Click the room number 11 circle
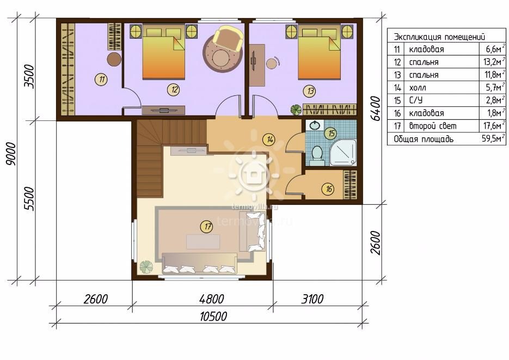(x=102, y=79)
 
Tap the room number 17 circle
(x=207, y=226)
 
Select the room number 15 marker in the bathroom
(x=331, y=133)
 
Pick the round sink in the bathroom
(x=315, y=125)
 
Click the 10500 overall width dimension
(x=213, y=316)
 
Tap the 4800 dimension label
(x=212, y=299)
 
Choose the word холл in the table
(x=418, y=88)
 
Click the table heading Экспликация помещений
(x=439, y=36)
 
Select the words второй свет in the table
(x=433, y=126)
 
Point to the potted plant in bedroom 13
(x=296, y=109)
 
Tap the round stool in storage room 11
(x=114, y=59)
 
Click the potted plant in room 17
(x=146, y=267)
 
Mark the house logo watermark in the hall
(x=254, y=175)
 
